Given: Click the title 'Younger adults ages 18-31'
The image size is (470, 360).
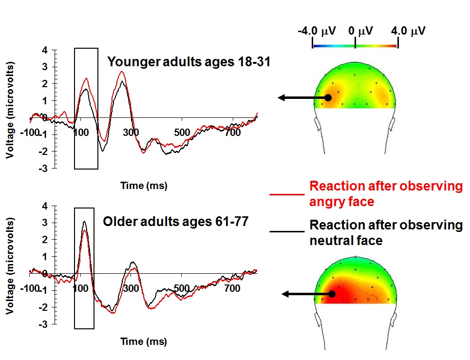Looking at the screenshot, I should point(189,62).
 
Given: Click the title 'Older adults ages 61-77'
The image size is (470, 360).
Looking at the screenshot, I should point(176,222).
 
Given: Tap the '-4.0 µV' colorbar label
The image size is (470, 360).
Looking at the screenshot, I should point(317,31).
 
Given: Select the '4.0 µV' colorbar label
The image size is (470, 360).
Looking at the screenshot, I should point(408,31).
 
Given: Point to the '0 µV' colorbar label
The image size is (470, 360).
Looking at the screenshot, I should point(360,31).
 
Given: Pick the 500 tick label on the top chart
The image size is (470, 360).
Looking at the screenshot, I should point(182,133).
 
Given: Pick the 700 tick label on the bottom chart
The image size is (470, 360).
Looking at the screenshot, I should point(233,288).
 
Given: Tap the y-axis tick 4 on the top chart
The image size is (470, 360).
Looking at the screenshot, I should point(45,50).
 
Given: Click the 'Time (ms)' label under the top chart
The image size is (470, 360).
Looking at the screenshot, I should point(144,186).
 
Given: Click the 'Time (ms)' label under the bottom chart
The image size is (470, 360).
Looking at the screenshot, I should point(144,341).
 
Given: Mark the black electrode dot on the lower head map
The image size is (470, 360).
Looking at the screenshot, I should point(332,294).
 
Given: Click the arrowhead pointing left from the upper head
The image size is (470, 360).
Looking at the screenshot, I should point(282,98).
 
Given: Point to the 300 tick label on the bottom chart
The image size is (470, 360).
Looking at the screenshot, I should point(132,288).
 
